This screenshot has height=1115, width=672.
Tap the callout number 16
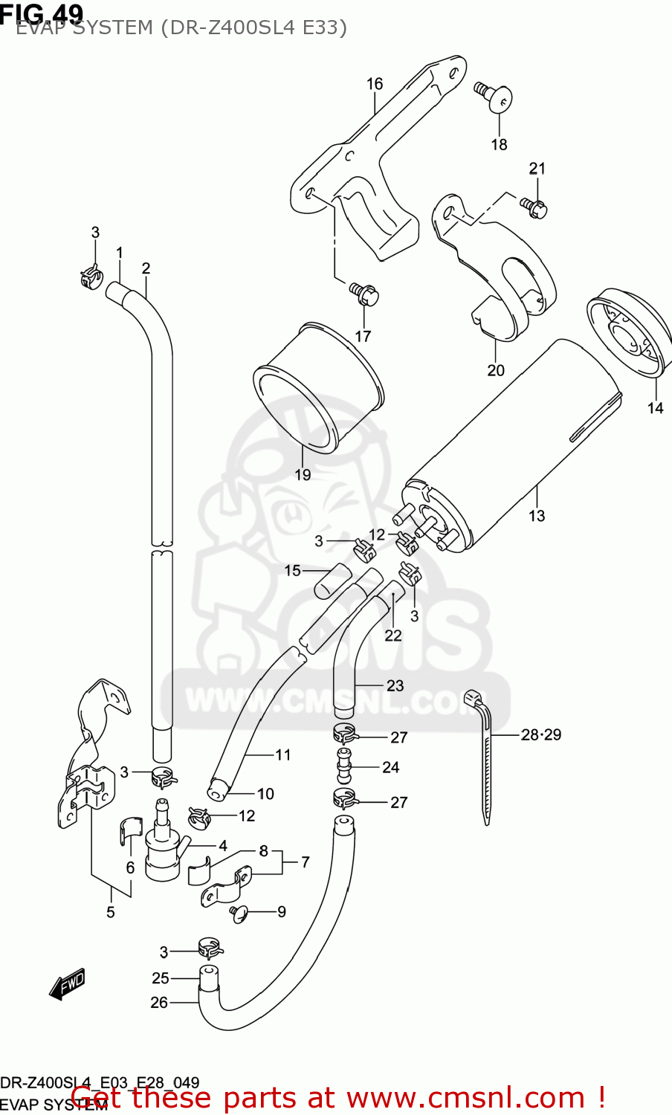tap(375, 84)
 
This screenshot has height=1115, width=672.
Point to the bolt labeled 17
tap(364, 294)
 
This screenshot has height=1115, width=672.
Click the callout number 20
tap(496, 369)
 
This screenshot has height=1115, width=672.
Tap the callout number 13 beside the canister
tap(537, 515)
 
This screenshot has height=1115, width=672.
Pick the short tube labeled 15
tap(332, 581)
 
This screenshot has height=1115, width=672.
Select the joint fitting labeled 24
tap(343, 766)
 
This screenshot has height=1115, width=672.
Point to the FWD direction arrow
tap(67, 985)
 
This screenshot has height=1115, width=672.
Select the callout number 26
tap(159, 1002)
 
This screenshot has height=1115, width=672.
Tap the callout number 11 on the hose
tap(283, 754)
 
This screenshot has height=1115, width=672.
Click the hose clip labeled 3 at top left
tap(91, 278)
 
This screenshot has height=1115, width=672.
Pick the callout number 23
tap(395, 685)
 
